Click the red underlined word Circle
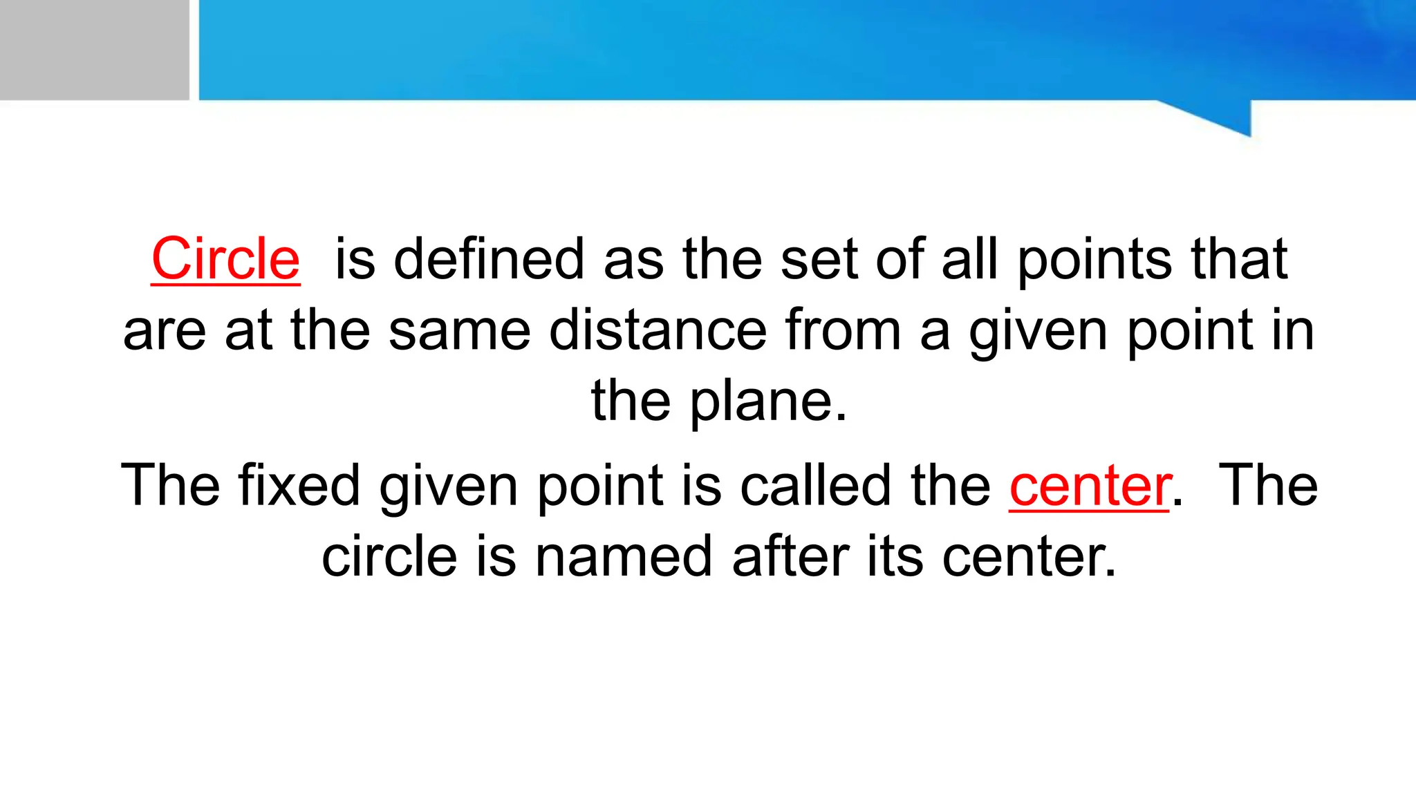point(225,259)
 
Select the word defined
point(489,259)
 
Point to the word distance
point(658,330)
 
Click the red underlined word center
point(1090,486)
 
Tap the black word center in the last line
point(1029,557)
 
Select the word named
point(624,557)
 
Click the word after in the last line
point(790,557)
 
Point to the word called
point(816,486)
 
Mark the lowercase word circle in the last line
point(389,557)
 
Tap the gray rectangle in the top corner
point(94,50)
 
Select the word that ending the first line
point(1239,259)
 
